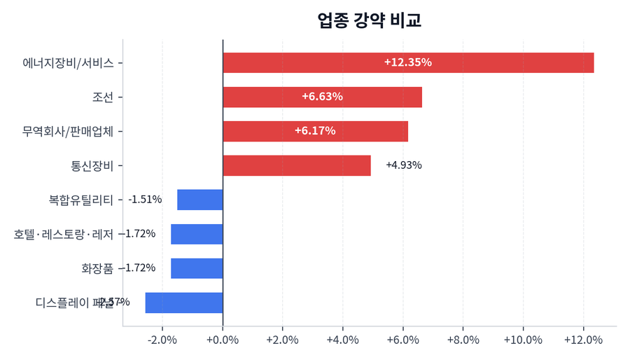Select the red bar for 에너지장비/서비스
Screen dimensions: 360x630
coord(408,62)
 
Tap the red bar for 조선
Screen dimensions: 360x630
coord(322,97)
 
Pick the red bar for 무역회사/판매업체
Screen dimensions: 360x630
coord(315,131)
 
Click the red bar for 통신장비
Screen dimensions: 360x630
coord(297,165)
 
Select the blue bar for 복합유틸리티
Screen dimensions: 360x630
coord(200,200)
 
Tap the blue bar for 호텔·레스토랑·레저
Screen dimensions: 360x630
coord(197,234)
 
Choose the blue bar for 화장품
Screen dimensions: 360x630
coord(197,268)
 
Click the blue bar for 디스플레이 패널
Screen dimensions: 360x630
coord(184,303)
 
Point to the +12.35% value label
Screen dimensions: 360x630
coord(408,62)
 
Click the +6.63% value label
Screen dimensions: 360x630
coord(322,97)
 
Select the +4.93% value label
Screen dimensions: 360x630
coord(404,165)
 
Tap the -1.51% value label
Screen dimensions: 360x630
coord(145,200)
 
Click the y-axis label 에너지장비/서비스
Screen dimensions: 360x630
coord(68,62)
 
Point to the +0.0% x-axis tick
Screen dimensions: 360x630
coord(223,340)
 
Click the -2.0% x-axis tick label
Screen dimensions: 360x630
coord(162,340)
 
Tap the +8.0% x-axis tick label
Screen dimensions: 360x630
coord(463,340)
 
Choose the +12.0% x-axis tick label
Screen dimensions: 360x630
coord(583,340)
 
